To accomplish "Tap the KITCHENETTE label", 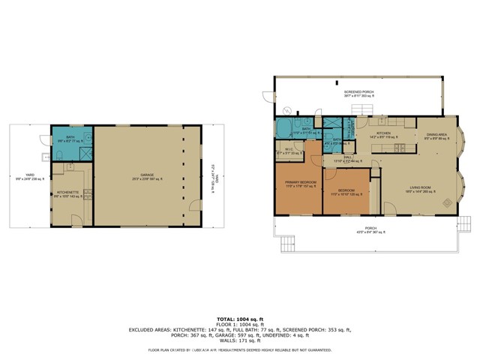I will (x=68, y=193).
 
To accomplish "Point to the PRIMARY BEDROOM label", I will (x=298, y=184).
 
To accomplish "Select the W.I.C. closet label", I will (x=288, y=151).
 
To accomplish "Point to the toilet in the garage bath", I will (x=58, y=155).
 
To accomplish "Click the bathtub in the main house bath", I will (x=286, y=129).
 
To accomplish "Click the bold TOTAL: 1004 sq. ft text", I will (x=239, y=319).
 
